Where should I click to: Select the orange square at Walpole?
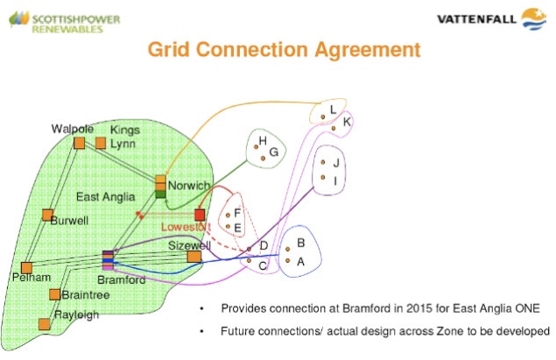pyautogui.click(x=79, y=143)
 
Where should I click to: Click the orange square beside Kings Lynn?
pyautogui.click(x=101, y=143)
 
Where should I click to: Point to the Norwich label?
pyautogui.click(x=188, y=186)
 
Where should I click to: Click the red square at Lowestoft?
pyautogui.click(x=200, y=215)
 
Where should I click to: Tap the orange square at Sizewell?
pyautogui.click(x=194, y=257)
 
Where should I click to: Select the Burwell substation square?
pyautogui.click(x=47, y=215)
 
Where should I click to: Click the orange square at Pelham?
pyautogui.click(x=26, y=266)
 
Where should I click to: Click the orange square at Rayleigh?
pyautogui.click(x=44, y=323)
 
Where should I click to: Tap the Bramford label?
pyautogui.click(x=122, y=280)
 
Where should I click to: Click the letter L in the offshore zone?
pyautogui.click(x=334, y=108)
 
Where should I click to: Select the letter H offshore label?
pyautogui.click(x=261, y=140)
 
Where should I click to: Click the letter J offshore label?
pyautogui.click(x=336, y=163)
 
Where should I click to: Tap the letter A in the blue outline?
pyautogui.click(x=300, y=261)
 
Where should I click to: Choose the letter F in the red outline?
pyautogui.click(x=237, y=212)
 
